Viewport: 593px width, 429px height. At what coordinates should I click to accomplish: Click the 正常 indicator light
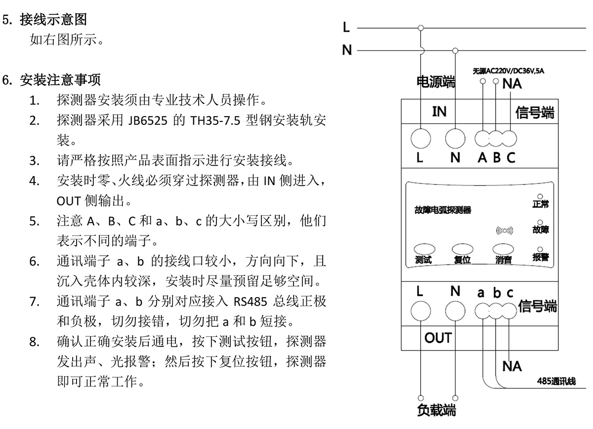540,196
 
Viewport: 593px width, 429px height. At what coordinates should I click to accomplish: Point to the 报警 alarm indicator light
540,250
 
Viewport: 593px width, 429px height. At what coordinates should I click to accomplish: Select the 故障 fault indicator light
540,223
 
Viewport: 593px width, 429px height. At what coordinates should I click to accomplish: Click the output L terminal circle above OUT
420,312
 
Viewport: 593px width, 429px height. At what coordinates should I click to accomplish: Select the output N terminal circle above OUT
455,312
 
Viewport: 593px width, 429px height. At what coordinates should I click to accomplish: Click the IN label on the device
439,112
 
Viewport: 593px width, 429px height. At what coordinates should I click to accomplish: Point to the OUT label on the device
438,338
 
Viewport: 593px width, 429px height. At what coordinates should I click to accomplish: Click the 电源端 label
436,82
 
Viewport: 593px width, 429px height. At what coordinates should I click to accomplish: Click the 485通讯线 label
556,382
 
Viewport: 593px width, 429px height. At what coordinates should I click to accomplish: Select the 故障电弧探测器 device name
443,210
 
